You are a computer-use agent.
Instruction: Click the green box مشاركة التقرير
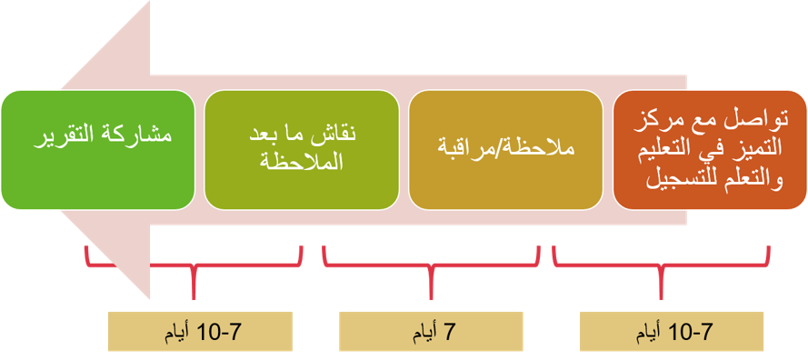98,149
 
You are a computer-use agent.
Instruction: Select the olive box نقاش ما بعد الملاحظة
302,149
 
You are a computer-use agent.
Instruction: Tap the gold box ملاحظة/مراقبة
505,149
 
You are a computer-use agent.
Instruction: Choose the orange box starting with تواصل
710,149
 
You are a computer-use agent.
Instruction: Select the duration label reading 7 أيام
431,332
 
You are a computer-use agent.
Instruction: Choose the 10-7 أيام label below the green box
200,332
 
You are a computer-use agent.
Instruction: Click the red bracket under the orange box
661,266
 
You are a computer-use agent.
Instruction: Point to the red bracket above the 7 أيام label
431,266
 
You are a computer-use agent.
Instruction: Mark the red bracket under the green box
193,266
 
